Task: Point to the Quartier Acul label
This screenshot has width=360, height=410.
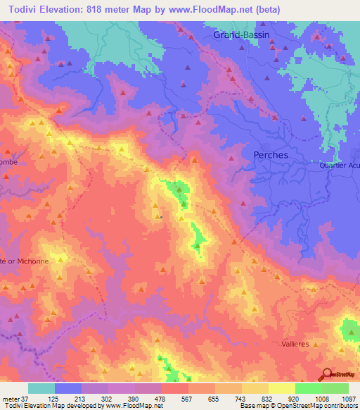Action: tap(337, 166)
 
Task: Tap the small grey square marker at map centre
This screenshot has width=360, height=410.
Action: tap(161, 217)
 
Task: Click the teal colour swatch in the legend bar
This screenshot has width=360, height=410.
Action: tap(41, 388)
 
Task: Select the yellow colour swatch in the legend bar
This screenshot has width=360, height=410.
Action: tap(282, 388)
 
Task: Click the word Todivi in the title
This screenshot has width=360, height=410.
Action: tap(25, 10)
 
